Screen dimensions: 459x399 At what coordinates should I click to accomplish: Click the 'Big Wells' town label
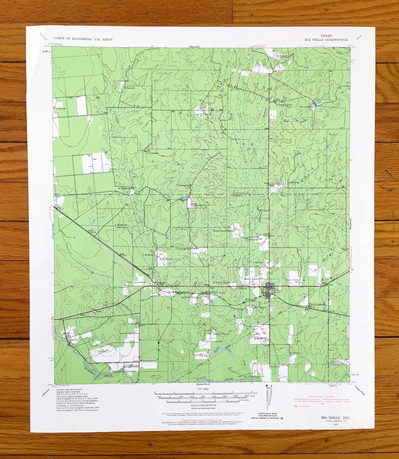[277, 291]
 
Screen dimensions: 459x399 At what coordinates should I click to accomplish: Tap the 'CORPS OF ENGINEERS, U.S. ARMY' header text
[82, 39]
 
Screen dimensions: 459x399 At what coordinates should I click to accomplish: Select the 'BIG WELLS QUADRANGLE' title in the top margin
[326, 40]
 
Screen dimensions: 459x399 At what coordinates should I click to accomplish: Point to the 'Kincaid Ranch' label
[284, 105]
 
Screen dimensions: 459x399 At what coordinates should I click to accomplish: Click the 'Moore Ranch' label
[307, 107]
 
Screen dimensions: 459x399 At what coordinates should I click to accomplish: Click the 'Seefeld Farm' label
[221, 333]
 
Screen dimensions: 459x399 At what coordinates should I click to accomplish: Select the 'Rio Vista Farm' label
[252, 377]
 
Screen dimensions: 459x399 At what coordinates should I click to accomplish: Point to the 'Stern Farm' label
[294, 280]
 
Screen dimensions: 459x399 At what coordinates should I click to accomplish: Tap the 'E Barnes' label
[129, 88]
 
